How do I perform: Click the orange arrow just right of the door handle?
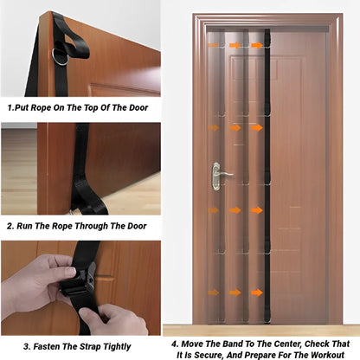pyautogui.click(x=256, y=169)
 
